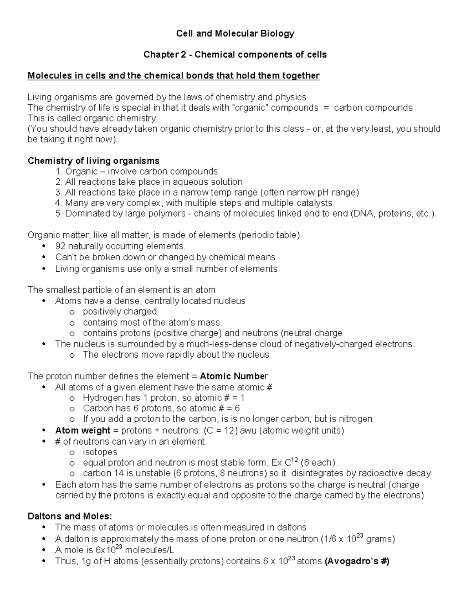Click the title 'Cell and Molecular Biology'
pyautogui.click(x=235, y=33)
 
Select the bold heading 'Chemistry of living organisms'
pyautogui.click(x=93, y=161)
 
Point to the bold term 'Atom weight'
pyautogui.click(x=82, y=431)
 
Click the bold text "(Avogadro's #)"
pyautogui.click(x=357, y=561)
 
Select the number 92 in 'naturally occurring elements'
pyautogui.click(x=60, y=246)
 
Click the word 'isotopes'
pyautogui.click(x=100, y=452)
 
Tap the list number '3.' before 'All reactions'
pyautogui.click(x=59, y=193)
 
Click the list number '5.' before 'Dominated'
pyautogui.click(x=59, y=214)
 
